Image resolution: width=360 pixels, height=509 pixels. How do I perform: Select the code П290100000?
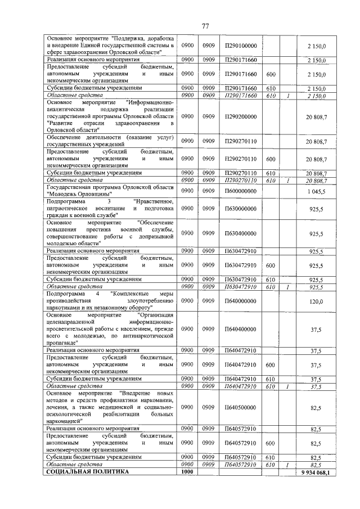(240, 45)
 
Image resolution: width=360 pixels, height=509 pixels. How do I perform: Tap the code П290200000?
(240, 116)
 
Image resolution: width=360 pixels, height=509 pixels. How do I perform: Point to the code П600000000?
(240, 191)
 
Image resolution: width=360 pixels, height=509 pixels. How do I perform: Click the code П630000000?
(240, 209)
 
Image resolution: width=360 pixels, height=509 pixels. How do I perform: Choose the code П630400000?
(240, 233)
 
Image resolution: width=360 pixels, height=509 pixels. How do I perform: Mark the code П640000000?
(240, 301)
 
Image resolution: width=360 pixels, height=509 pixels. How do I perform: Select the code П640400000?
(240, 328)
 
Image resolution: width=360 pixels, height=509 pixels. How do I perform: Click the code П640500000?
(240, 407)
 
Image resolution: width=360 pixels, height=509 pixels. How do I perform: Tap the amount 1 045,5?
(318, 191)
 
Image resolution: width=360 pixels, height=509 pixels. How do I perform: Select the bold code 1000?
(187, 472)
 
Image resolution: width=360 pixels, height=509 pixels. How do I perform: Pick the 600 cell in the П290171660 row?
(271, 74)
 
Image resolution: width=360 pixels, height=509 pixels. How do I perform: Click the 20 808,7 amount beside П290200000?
(317, 116)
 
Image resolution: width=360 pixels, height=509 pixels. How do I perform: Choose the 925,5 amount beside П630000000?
(318, 209)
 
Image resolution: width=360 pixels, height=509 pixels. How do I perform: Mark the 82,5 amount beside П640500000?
(319, 407)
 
